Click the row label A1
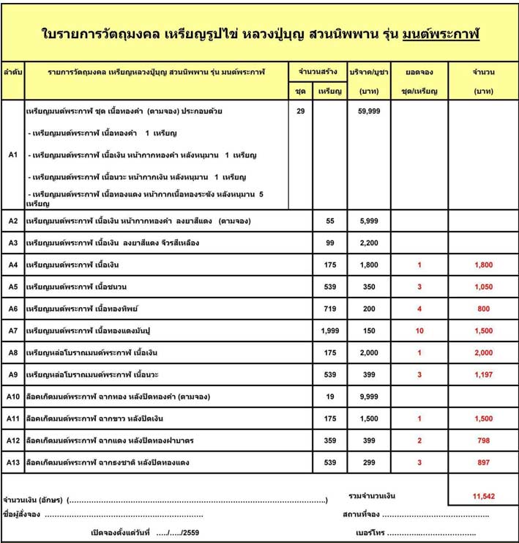pos(12,155)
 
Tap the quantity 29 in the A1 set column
pos(300,111)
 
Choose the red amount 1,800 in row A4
pos(483,265)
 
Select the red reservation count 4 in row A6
pos(419,309)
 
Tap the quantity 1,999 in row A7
pos(329,330)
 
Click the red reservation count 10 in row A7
pos(419,330)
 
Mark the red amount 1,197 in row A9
pos(483,374)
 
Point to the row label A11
pos(12,418)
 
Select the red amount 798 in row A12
pos(483,440)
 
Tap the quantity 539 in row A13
pos(329,462)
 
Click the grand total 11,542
pos(483,496)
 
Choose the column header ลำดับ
pos(12,73)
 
